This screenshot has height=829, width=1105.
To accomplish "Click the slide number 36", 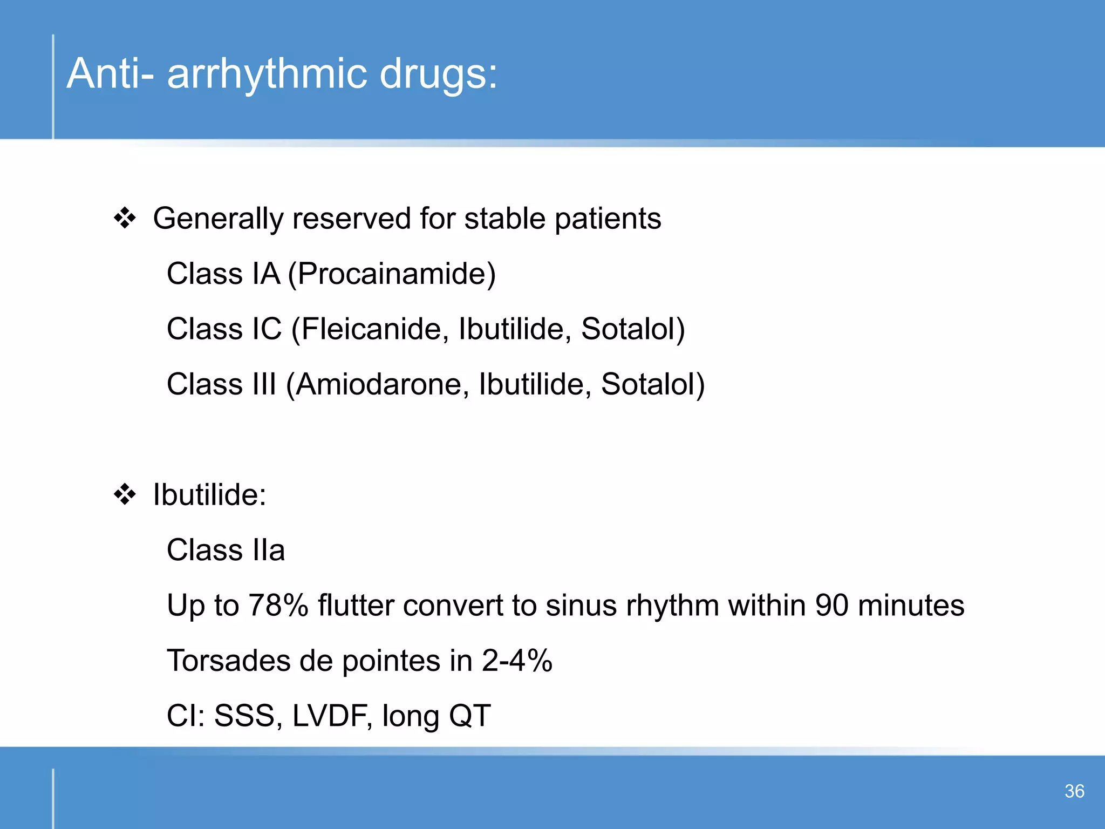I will coord(1074,791).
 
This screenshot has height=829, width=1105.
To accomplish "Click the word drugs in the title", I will coord(438,74).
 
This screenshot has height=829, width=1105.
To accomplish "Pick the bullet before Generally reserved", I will coord(125,219).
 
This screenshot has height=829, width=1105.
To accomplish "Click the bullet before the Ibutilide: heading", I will coord(125,494).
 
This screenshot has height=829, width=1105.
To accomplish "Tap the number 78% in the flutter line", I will coord(278,605).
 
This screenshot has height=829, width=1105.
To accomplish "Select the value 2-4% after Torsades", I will coord(517,661).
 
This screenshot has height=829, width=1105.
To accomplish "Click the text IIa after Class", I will coord(269,550).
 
